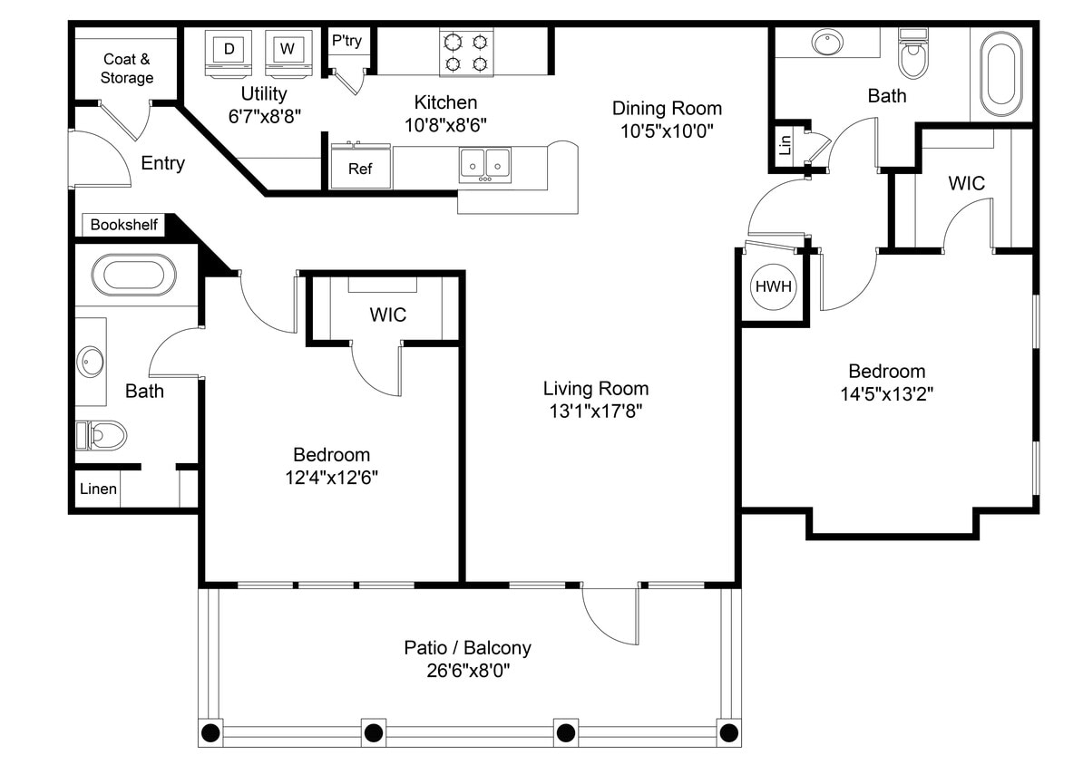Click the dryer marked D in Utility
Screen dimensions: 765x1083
(x=229, y=50)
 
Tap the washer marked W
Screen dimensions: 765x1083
(x=287, y=50)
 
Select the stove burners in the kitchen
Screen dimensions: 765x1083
(x=466, y=53)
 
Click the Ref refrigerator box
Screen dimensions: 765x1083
(x=360, y=169)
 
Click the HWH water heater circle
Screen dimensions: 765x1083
(x=774, y=287)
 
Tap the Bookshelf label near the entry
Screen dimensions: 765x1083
(x=124, y=225)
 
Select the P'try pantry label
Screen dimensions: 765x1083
(x=346, y=41)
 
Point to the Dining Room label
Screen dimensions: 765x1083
(x=667, y=109)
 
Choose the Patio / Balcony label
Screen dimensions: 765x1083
(x=467, y=648)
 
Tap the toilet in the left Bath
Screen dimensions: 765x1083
(x=102, y=436)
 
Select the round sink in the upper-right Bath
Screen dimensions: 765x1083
(x=827, y=42)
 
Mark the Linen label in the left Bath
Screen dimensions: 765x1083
(x=98, y=489)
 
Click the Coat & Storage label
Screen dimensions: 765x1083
(x=126, y=69)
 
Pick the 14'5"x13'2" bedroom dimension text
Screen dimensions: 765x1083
(x=887, y=394)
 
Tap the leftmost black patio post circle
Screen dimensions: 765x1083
(x=211, y=731)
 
